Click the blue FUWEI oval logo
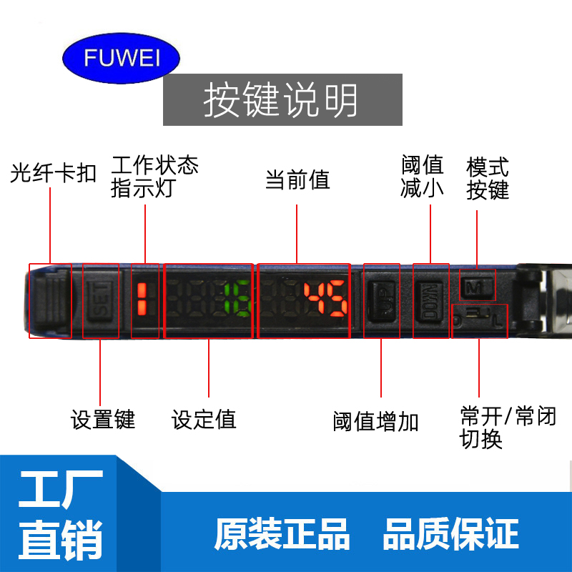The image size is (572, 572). coord(122,58)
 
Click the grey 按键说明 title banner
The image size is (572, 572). coord(282,100)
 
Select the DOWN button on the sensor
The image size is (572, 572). coord(432,301)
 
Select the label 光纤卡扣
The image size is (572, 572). coord(54,174)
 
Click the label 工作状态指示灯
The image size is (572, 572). coord(154,177)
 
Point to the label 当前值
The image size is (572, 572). coord(297,179)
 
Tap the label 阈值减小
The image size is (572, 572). coord(423,177)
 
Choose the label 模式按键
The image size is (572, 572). coord(488,179)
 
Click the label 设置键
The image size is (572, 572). coord(103,419)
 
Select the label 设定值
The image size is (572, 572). coord(204,419)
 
